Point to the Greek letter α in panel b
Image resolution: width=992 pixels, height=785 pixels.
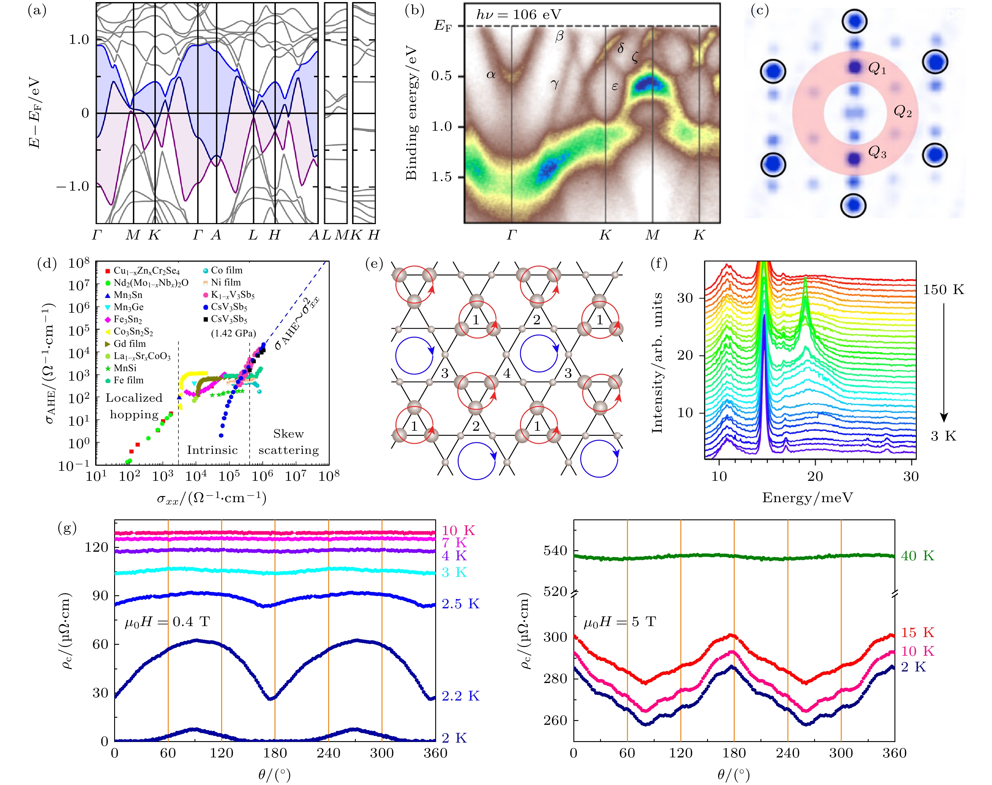pos(491,74)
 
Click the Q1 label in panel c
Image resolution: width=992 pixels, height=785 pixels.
pos(877,69)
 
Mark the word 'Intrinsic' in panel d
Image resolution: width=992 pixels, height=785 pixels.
pos(212,450)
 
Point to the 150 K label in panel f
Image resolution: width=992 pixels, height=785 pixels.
pos(943,290)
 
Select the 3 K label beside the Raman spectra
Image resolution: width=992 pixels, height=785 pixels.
pos(943,436)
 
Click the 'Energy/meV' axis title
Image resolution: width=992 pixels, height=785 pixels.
pos(807,498)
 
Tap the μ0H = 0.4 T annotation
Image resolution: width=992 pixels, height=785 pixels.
pos(167,622)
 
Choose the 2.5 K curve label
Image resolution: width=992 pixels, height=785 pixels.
pos(460,604)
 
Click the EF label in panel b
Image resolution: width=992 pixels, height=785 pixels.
pos(443,26)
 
